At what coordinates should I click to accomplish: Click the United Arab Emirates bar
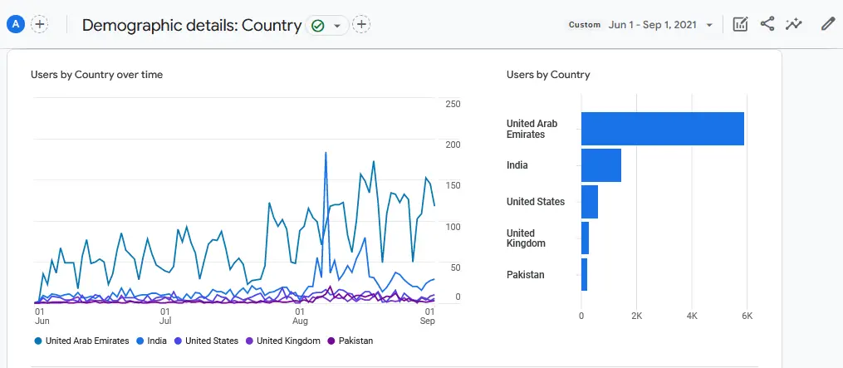[662, 129]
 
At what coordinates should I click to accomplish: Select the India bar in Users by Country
[600, 165]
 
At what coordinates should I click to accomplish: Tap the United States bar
[589, 202]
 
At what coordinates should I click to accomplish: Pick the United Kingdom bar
[585, 238]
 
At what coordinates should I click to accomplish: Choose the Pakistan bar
[584, 275]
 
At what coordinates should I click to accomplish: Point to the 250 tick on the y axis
[453, 104]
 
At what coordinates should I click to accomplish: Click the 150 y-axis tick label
[453, 186]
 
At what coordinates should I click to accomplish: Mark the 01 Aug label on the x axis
[301, 316]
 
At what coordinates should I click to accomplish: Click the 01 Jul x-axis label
[165, 316]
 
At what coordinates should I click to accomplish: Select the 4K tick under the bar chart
[691, 316]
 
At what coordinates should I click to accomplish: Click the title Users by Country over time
[96, 75]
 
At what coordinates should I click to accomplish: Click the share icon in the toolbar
[767, 24]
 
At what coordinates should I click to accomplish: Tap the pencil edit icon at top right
[827, 24]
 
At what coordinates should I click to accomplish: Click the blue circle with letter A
[14, 24]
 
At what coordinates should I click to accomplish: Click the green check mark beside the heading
[318, 26]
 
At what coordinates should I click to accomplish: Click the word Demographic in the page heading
[129, 26]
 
